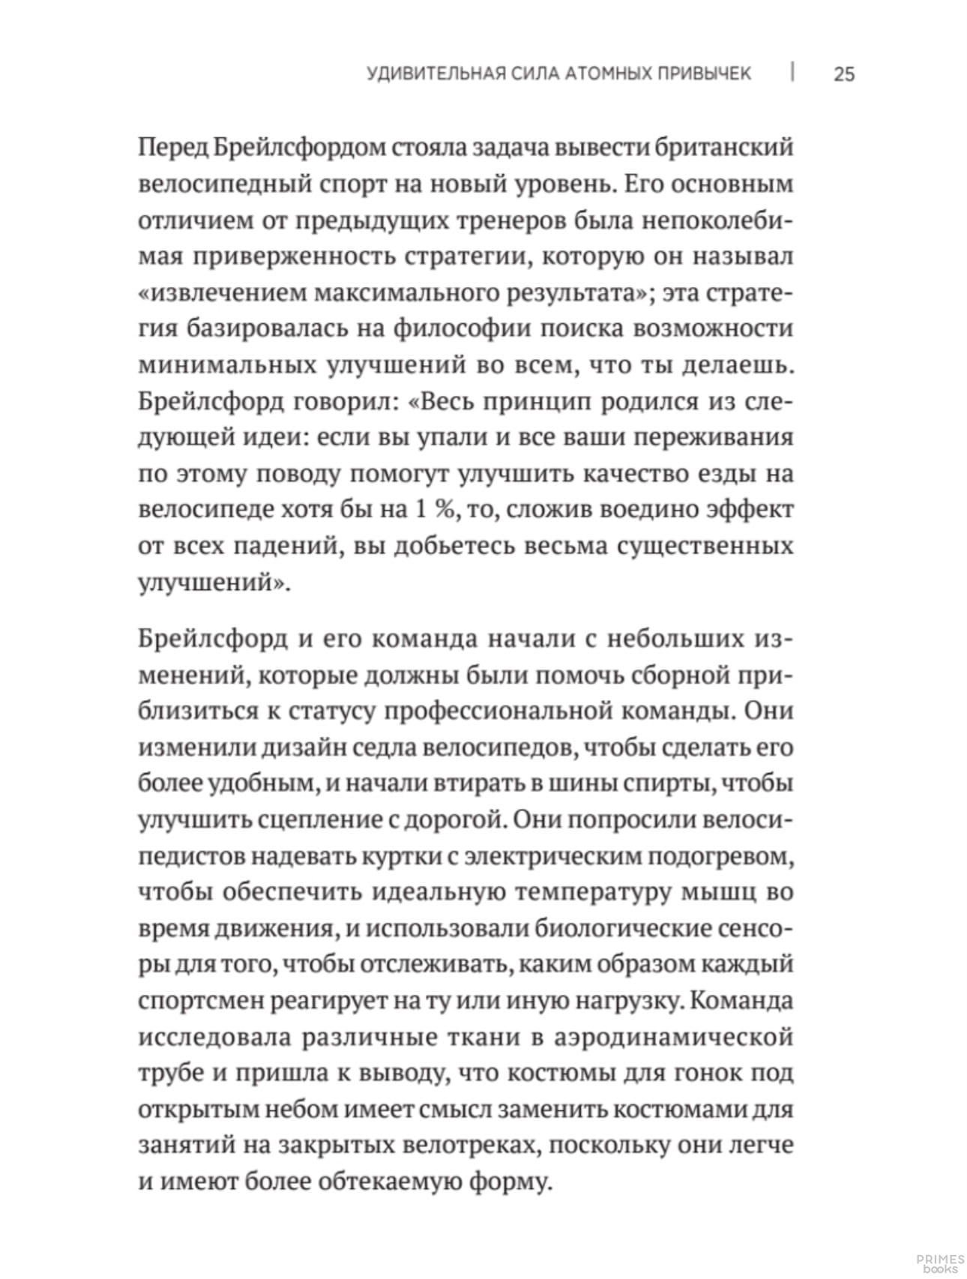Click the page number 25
pos(843,74)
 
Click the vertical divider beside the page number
pos(793,73)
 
